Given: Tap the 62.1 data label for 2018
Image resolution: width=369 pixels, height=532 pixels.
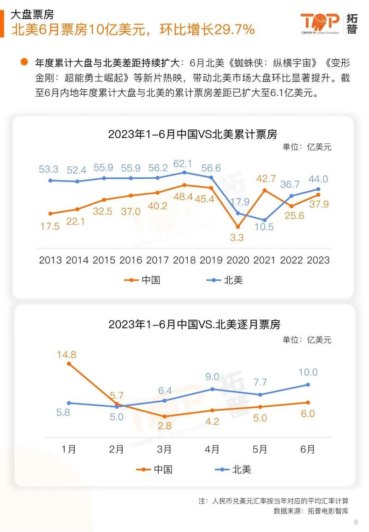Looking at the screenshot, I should pyautogui.click(x=184, y=164).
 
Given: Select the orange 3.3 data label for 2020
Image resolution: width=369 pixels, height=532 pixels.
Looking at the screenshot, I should pyautogui.click(x=238, y=238).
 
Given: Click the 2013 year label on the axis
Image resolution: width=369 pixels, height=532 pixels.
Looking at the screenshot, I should pyautogui.click(x=50, y=260).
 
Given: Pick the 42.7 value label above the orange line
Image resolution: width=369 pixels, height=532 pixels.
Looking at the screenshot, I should pyautogui.click(x=266, y=179).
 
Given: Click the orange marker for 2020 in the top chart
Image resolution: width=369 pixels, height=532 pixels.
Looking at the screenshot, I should pyautogui.click(x=238, y=227).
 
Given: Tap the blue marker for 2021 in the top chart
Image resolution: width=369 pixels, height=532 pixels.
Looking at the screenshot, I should pyautogui.click(x=264, y=220).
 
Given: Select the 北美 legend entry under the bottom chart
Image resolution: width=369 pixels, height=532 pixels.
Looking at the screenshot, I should pyautogui.click(x=233, y=469).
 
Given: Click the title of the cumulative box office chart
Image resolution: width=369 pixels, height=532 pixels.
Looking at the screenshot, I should pyautogui.click(x=192, y=134).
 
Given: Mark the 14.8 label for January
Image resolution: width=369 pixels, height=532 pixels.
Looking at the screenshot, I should pyautogui.click(x=67, y=355).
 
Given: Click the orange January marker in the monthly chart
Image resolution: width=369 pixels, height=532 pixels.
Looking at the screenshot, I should pyautogui.click(x=69, y=364).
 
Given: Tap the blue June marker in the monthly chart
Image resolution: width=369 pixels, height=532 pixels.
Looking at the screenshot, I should pyautogui.click(x=308, y=384).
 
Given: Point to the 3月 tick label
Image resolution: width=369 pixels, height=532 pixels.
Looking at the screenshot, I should pyautogui.click(x=164, y=449).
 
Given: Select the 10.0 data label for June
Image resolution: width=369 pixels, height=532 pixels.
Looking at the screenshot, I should pyautogui.click(x=308, y=372).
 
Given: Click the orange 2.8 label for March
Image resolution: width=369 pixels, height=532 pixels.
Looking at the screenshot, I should pyautogui.click(x=165, y=426).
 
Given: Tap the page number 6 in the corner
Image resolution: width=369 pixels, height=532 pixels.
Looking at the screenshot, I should pyautogui.click(x=356, y=522).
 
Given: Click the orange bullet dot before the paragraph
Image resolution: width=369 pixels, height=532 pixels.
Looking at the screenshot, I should pyautogui.click(x=24, y=63).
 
